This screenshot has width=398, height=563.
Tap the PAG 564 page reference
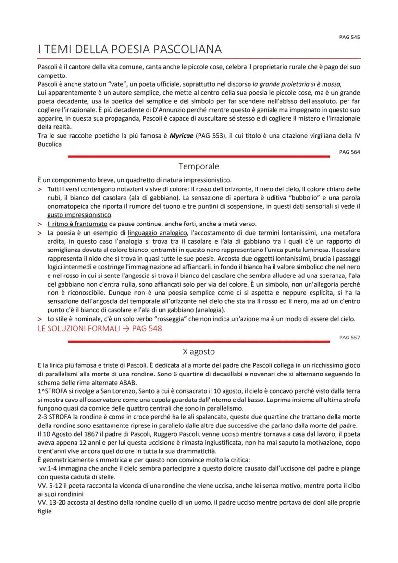[x=349, y=152]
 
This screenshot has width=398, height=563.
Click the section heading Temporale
[x=199, y=166]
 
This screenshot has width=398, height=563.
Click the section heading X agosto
[x=199, y=351]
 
